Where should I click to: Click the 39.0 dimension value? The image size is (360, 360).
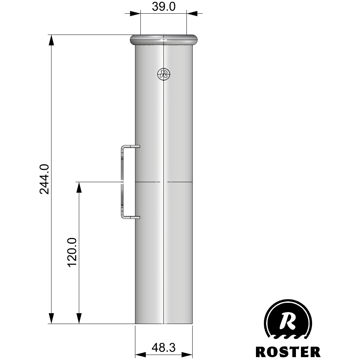pos(163,6)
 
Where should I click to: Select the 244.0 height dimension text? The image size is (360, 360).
pos(44,179)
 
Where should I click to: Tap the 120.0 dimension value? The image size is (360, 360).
pos(72,252)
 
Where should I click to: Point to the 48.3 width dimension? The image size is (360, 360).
pos(163,347)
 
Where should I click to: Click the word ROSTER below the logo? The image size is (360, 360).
pos(288,352)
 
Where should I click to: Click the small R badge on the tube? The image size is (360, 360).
pos(164,74)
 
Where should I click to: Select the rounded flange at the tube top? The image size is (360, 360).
pos(163,40)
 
